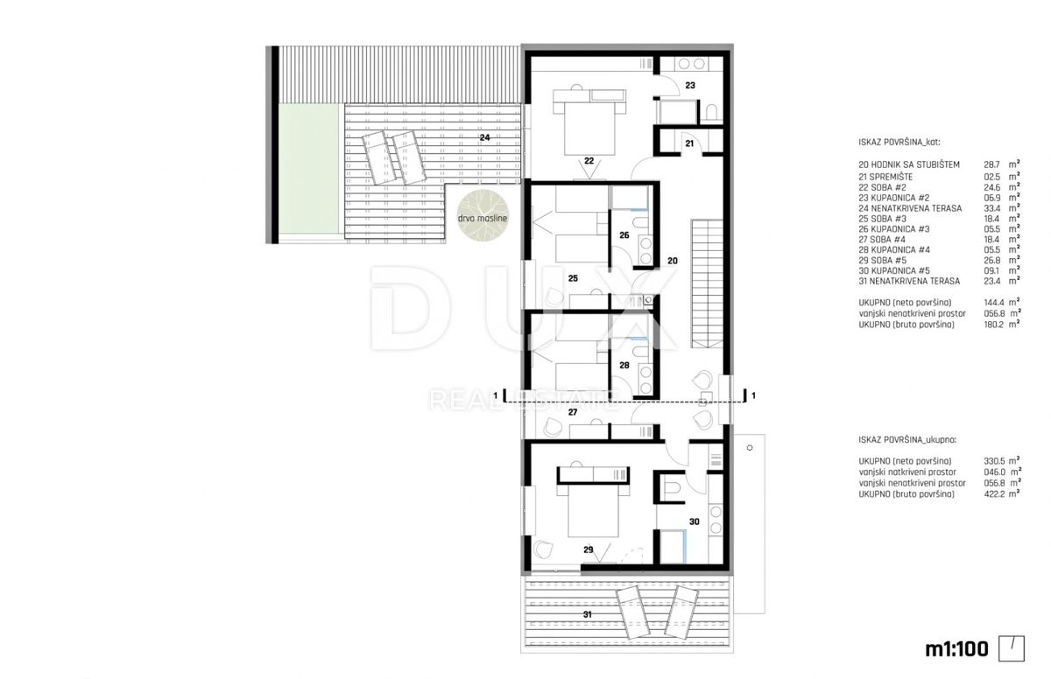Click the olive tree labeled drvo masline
tap(483, 216)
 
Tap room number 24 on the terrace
tap(484, 137)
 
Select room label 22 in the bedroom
tap(589, 161)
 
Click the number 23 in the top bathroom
tap(690, 85)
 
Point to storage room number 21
tap(689, 143)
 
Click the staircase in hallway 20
tap(707, 283)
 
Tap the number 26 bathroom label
tap(624, 235)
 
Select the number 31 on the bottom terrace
tap(588, 614)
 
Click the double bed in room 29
tap(593, 509)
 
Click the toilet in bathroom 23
tap(711, 113)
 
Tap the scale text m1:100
tap(956, 649)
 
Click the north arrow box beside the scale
tap(1011, 648)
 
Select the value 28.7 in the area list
tap(991, 165)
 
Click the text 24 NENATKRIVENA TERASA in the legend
tap(910, 208)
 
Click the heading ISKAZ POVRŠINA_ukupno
tap(907, 440)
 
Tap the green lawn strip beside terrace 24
tap(308, 168)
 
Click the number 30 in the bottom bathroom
tap(694, 521)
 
